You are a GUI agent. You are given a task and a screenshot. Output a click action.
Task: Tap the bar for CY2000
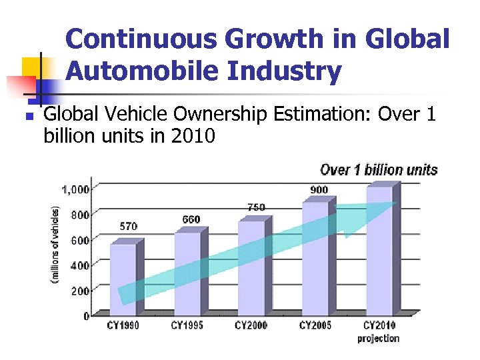[251, 267]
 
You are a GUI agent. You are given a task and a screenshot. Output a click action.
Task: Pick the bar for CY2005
[315, 257]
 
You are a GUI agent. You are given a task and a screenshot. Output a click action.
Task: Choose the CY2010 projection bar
[379, 249]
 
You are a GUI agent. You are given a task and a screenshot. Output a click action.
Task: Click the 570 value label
[129, 227]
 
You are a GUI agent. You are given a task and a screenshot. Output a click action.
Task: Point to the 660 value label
[191, 219]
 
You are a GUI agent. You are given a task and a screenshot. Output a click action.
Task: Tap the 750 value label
[256, 207]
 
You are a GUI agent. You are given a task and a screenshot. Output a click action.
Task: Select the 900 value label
[319, 190]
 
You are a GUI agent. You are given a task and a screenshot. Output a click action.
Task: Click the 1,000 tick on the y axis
[75, 189]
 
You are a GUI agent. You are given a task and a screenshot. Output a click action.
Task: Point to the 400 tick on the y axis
[79, 265]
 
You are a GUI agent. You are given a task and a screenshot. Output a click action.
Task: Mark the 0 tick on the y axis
[86, 316]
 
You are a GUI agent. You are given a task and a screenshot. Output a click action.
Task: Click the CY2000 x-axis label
[251, 326]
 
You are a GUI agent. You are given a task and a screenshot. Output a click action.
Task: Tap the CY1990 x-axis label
[123, 326]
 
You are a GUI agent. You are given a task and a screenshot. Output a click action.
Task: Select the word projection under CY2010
[378, 339]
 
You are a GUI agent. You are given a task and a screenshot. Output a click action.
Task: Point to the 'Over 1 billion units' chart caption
[379, 169]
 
